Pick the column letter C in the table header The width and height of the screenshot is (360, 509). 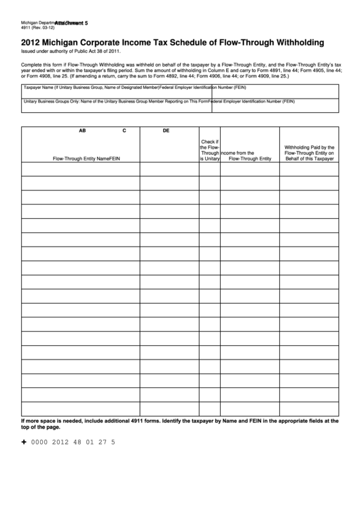pos(124,130)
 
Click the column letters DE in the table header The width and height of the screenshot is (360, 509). pos(166,130)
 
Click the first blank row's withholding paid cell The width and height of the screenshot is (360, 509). pos(309,168)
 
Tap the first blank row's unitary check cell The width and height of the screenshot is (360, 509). pos(209,168)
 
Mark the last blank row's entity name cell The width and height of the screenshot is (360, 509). pos(80,408)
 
